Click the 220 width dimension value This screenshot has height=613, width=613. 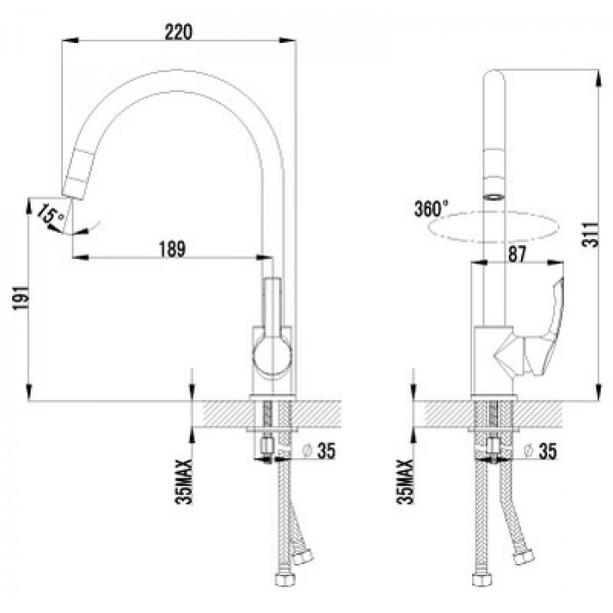(x=179, y=32)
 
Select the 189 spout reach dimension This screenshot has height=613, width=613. (x=173, y=249)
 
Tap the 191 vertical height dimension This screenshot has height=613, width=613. (x=21, y=298)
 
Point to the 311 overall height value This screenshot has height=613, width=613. (x=590, y=235)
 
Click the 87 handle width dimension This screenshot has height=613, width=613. (x=517, y=254)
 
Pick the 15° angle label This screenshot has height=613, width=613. (x=51, y=215)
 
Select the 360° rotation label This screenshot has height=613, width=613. (x=431, y=208)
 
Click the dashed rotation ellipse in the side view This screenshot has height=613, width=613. (x=493, y=213)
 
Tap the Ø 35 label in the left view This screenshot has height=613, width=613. (x=319, y=451)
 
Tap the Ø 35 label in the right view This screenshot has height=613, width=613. (x=540, y=451)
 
